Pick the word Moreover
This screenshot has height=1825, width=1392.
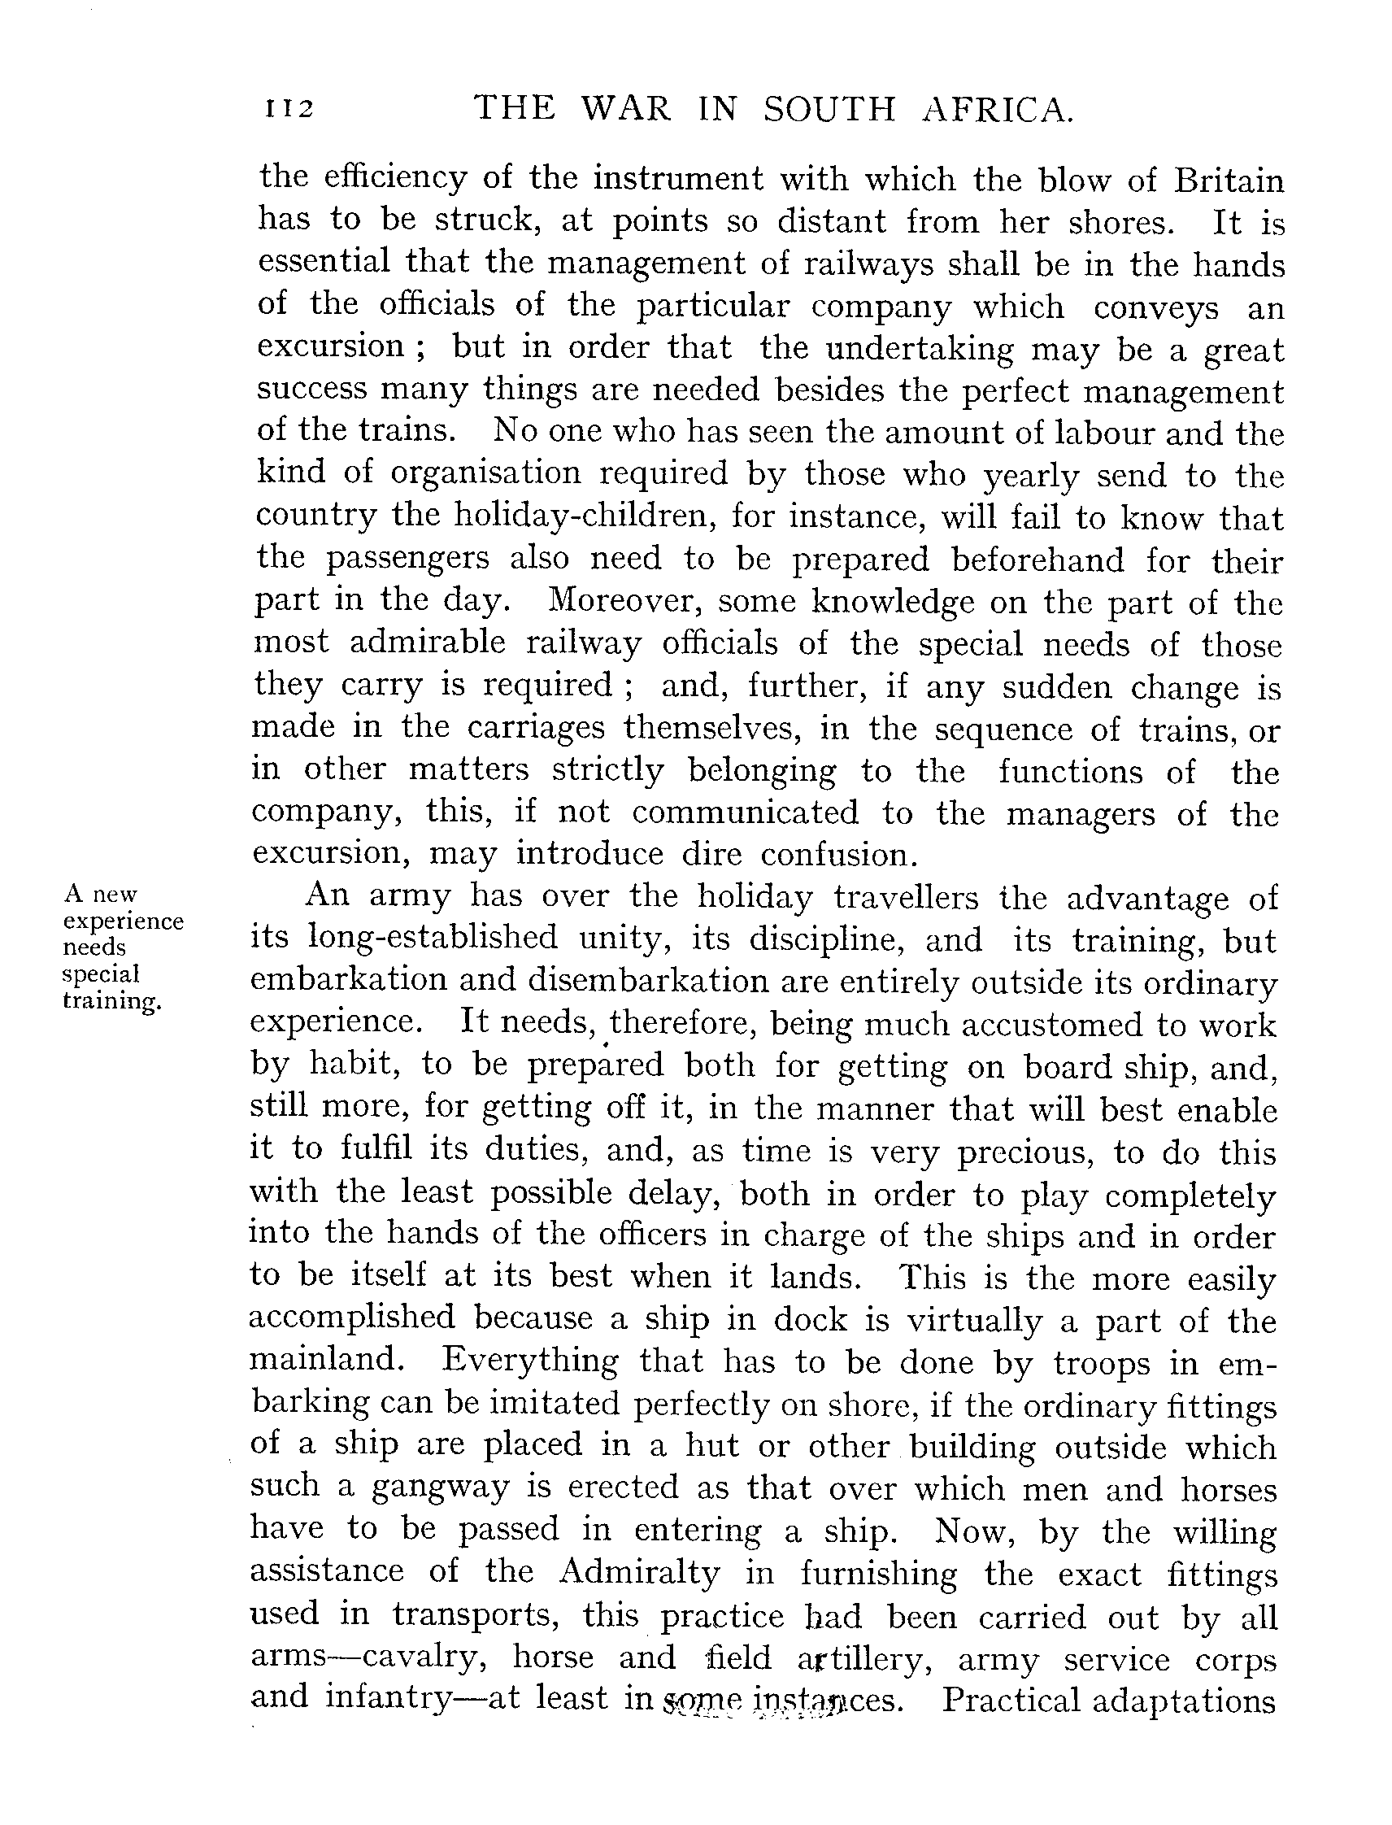point(624,600)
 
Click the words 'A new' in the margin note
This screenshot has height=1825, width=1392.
point(100,895)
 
